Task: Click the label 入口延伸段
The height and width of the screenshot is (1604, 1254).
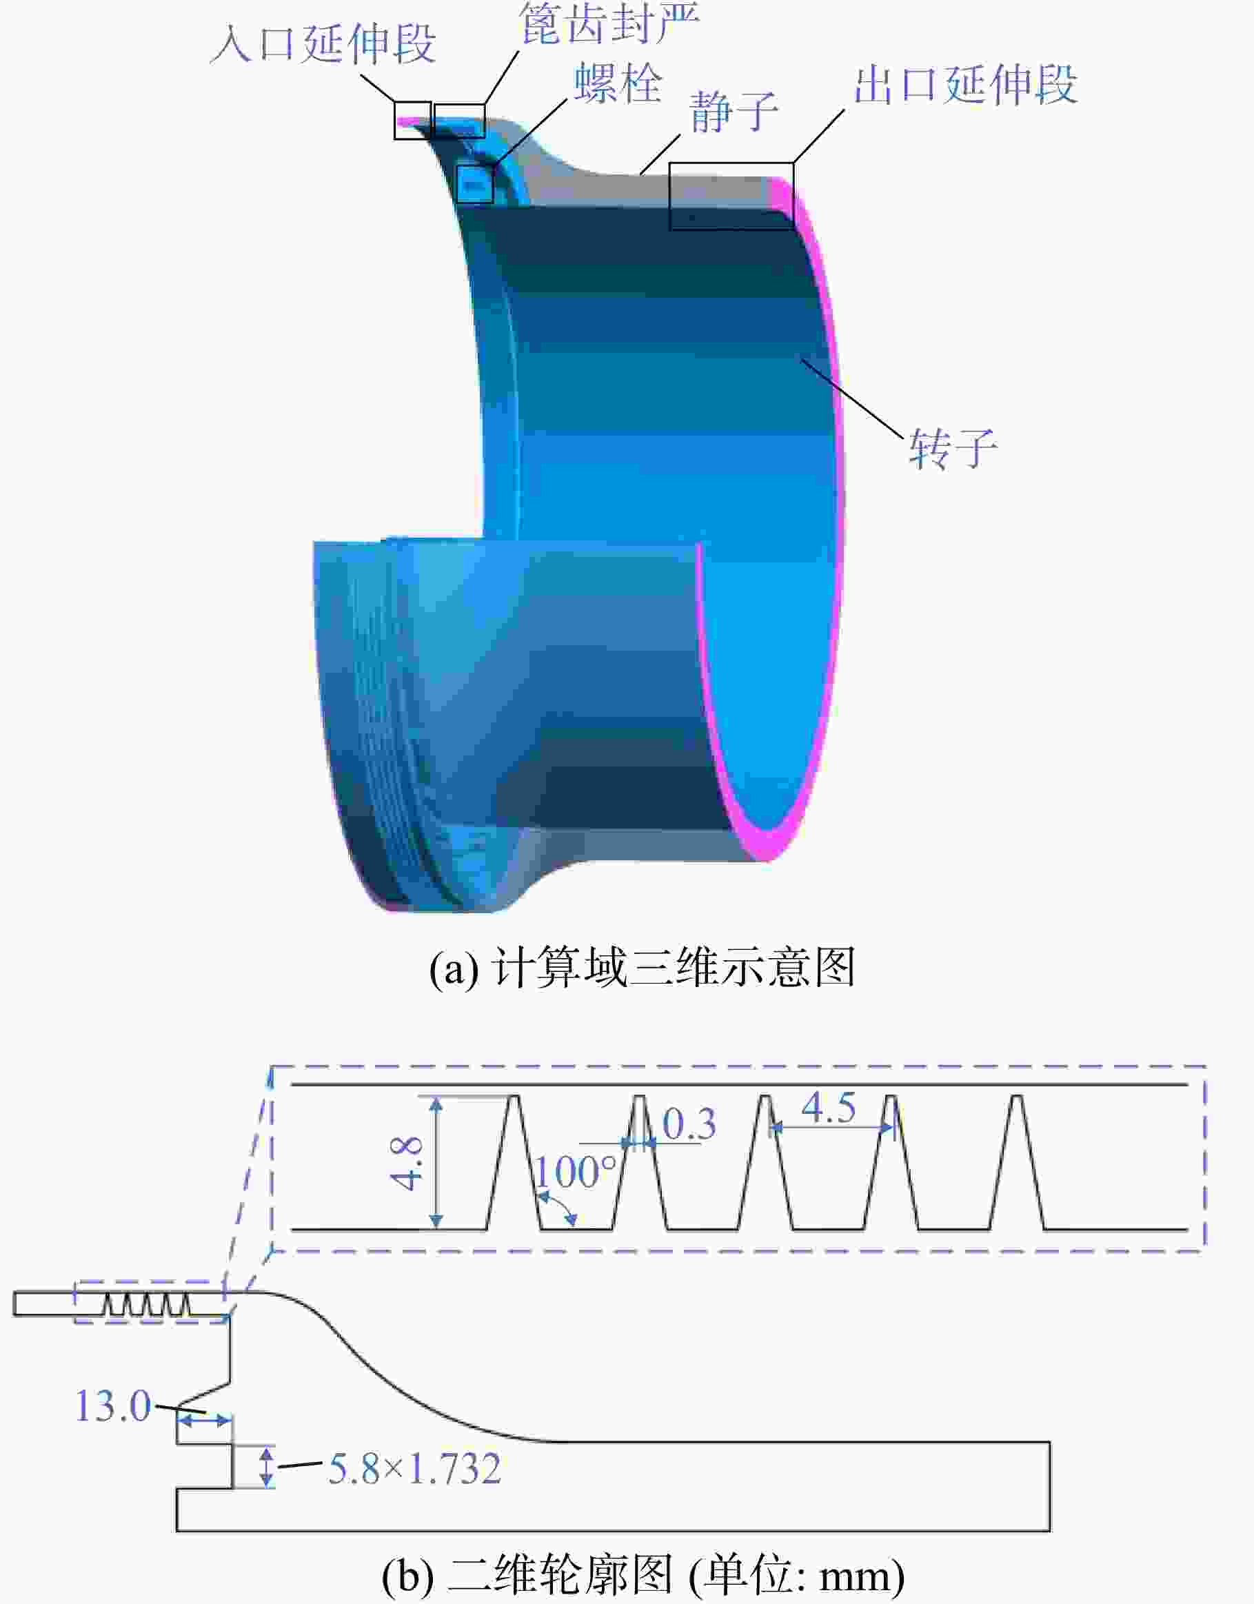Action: (323, 43)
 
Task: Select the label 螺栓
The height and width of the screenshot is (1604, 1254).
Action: (618, 82)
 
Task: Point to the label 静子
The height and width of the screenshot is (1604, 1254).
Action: (733, 112)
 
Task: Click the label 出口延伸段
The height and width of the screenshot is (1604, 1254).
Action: (965, 85)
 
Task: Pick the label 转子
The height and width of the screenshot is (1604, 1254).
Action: (953, 448)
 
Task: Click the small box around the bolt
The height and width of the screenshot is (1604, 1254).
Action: (474, 183)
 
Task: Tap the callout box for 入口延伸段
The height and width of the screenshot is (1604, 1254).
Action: (412, 120)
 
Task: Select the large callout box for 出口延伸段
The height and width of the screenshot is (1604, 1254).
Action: (731, 196)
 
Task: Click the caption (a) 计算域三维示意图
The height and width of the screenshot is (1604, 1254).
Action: (643, 967)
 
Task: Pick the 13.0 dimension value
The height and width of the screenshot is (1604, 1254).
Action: (113, 1406)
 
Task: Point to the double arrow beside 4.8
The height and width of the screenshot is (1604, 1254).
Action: (436, 1163)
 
